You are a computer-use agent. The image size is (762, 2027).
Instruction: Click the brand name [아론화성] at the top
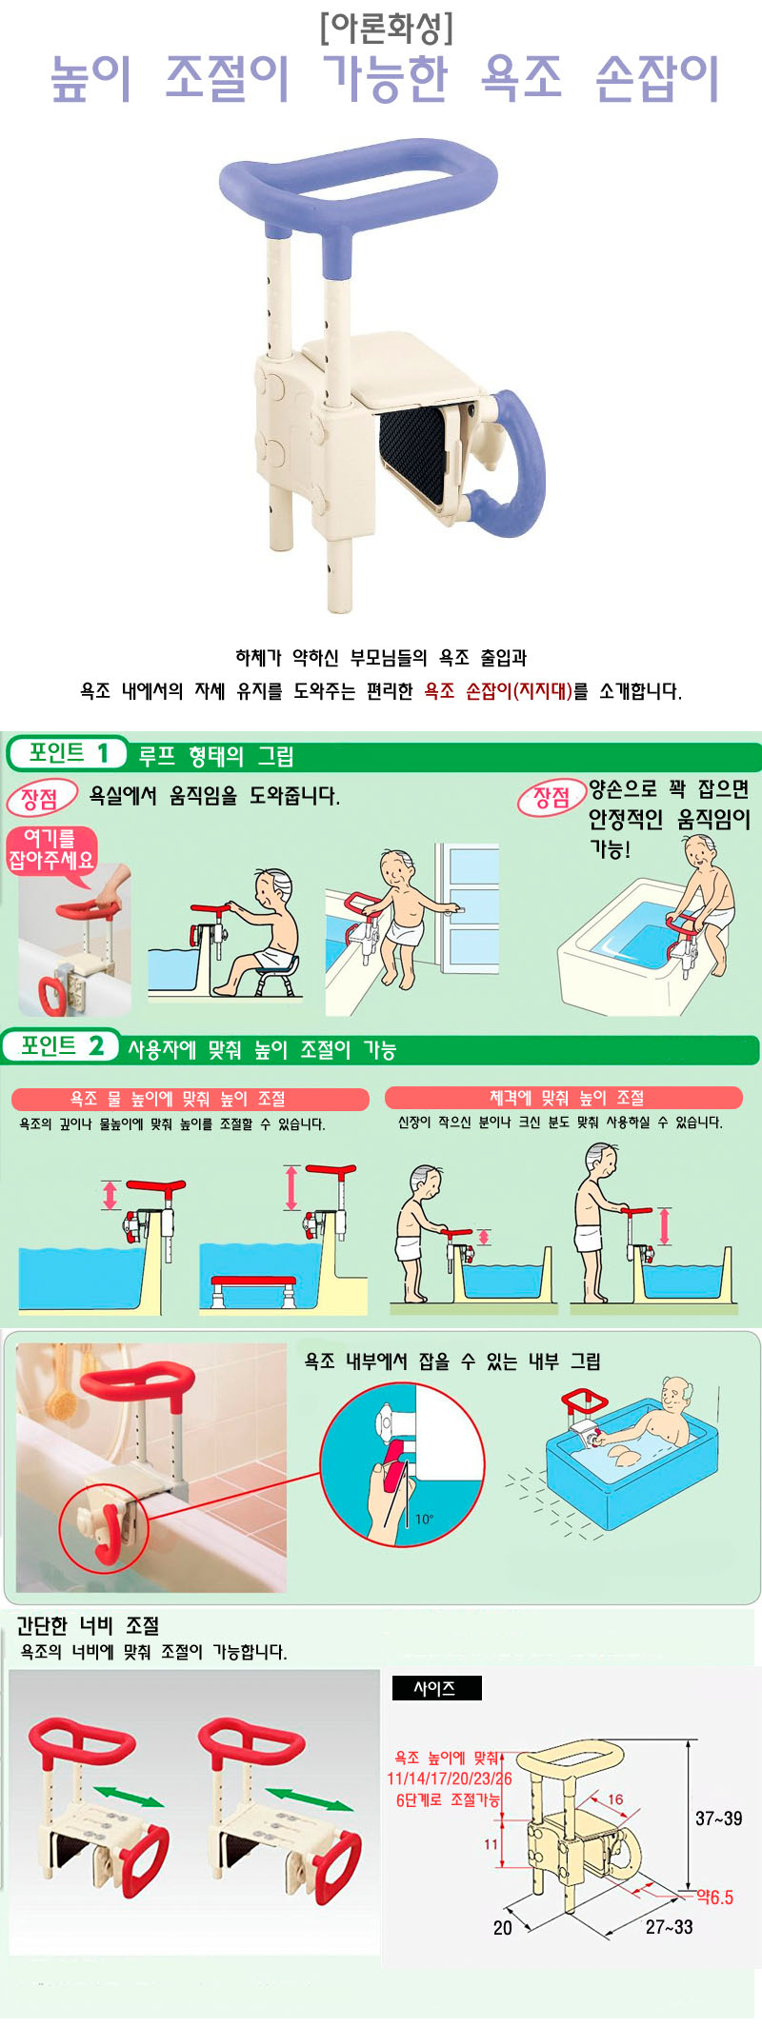tap(386, 28)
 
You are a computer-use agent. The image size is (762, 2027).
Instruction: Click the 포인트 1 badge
tap(67, 753)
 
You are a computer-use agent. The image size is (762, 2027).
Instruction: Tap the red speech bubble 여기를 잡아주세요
tap(51, 850)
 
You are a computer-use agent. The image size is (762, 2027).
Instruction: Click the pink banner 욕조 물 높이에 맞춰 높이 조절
tap(190, 1099)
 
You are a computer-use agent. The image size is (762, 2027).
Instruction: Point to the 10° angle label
tap(424, 1519)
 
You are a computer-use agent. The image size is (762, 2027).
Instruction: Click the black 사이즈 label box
tap(436, 1688)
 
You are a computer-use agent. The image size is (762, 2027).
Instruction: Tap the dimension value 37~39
tap(718, 1818)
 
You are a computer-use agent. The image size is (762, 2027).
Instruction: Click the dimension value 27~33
tap(669, 1927)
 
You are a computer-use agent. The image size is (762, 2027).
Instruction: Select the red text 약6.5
tap(714, 1897)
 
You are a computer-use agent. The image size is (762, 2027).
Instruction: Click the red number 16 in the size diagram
tap(615, 1799)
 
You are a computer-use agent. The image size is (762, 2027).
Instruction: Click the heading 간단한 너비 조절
tap(88, 1625)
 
